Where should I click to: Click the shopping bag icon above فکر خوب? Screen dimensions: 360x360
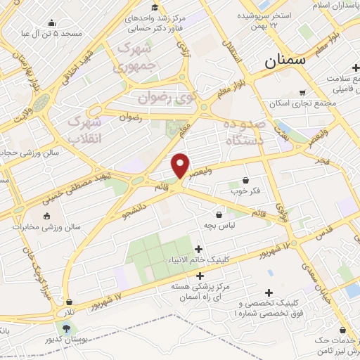[245, 180]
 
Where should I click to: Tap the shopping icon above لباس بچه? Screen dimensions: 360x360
[219, 214]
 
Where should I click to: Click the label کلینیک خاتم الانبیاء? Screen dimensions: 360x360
[199, 259]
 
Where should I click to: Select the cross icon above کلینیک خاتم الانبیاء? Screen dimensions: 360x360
[199, 249]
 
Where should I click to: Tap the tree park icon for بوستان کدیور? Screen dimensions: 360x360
[66, 328]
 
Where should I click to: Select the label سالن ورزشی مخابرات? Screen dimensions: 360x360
[47, 227]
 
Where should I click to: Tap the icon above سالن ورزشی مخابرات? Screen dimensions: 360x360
[47, 216]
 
